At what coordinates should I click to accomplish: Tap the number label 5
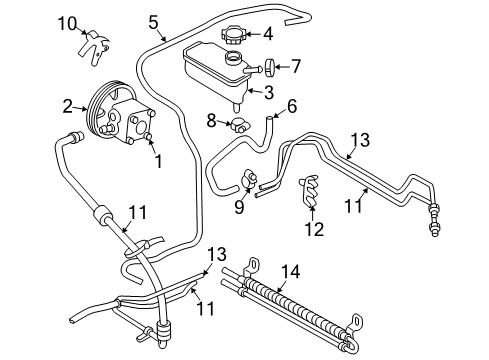tap(153, 21)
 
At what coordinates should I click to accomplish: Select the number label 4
tap(267, 34)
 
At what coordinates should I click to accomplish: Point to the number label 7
tap(296, 67)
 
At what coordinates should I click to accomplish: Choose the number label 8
tap(211, 122)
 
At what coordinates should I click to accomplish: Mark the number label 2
tap(68, 105)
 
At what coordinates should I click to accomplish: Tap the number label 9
tap(239, 207)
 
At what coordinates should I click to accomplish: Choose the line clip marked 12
tap(311, 193)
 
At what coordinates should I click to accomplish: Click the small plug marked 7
tap(270, 68)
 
